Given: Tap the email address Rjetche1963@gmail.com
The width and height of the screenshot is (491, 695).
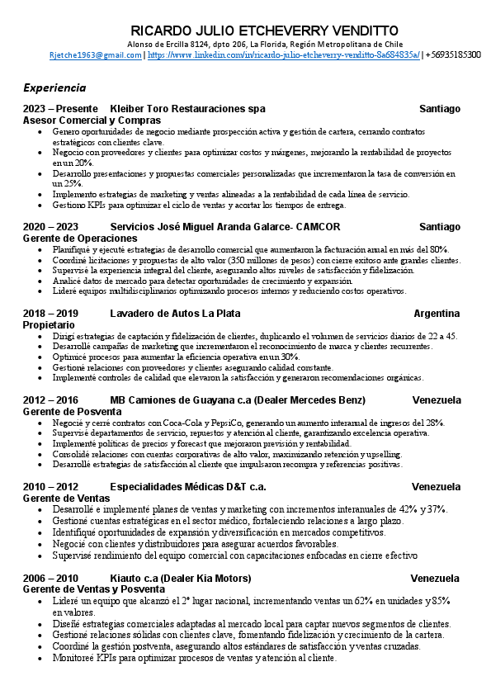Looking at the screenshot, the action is (x=96, y=54).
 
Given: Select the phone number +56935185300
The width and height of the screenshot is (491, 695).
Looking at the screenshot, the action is (x=453, y=54).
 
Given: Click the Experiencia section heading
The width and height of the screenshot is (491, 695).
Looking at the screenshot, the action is (x=54, y=87).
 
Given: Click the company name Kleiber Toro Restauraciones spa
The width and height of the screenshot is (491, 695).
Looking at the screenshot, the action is (x=187, y=109).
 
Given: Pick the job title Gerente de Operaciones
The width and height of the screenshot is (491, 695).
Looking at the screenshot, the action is (x=79, y=239).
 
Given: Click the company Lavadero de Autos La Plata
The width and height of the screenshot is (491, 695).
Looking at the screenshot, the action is (x=175, y=314).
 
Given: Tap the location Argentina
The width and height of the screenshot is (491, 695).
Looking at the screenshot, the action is (x=437, y=314).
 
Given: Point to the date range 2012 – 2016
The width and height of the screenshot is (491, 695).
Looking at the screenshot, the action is (x=50, y=400).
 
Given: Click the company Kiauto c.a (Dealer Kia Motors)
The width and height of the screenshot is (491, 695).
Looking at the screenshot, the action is (x=185, y=578).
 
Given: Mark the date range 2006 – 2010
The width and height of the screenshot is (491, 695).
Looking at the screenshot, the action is (x=50, y=578).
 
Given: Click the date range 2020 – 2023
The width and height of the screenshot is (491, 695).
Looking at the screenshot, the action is (x=50, y=227).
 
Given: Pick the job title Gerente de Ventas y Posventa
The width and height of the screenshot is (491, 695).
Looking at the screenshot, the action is (x=93, y=589).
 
